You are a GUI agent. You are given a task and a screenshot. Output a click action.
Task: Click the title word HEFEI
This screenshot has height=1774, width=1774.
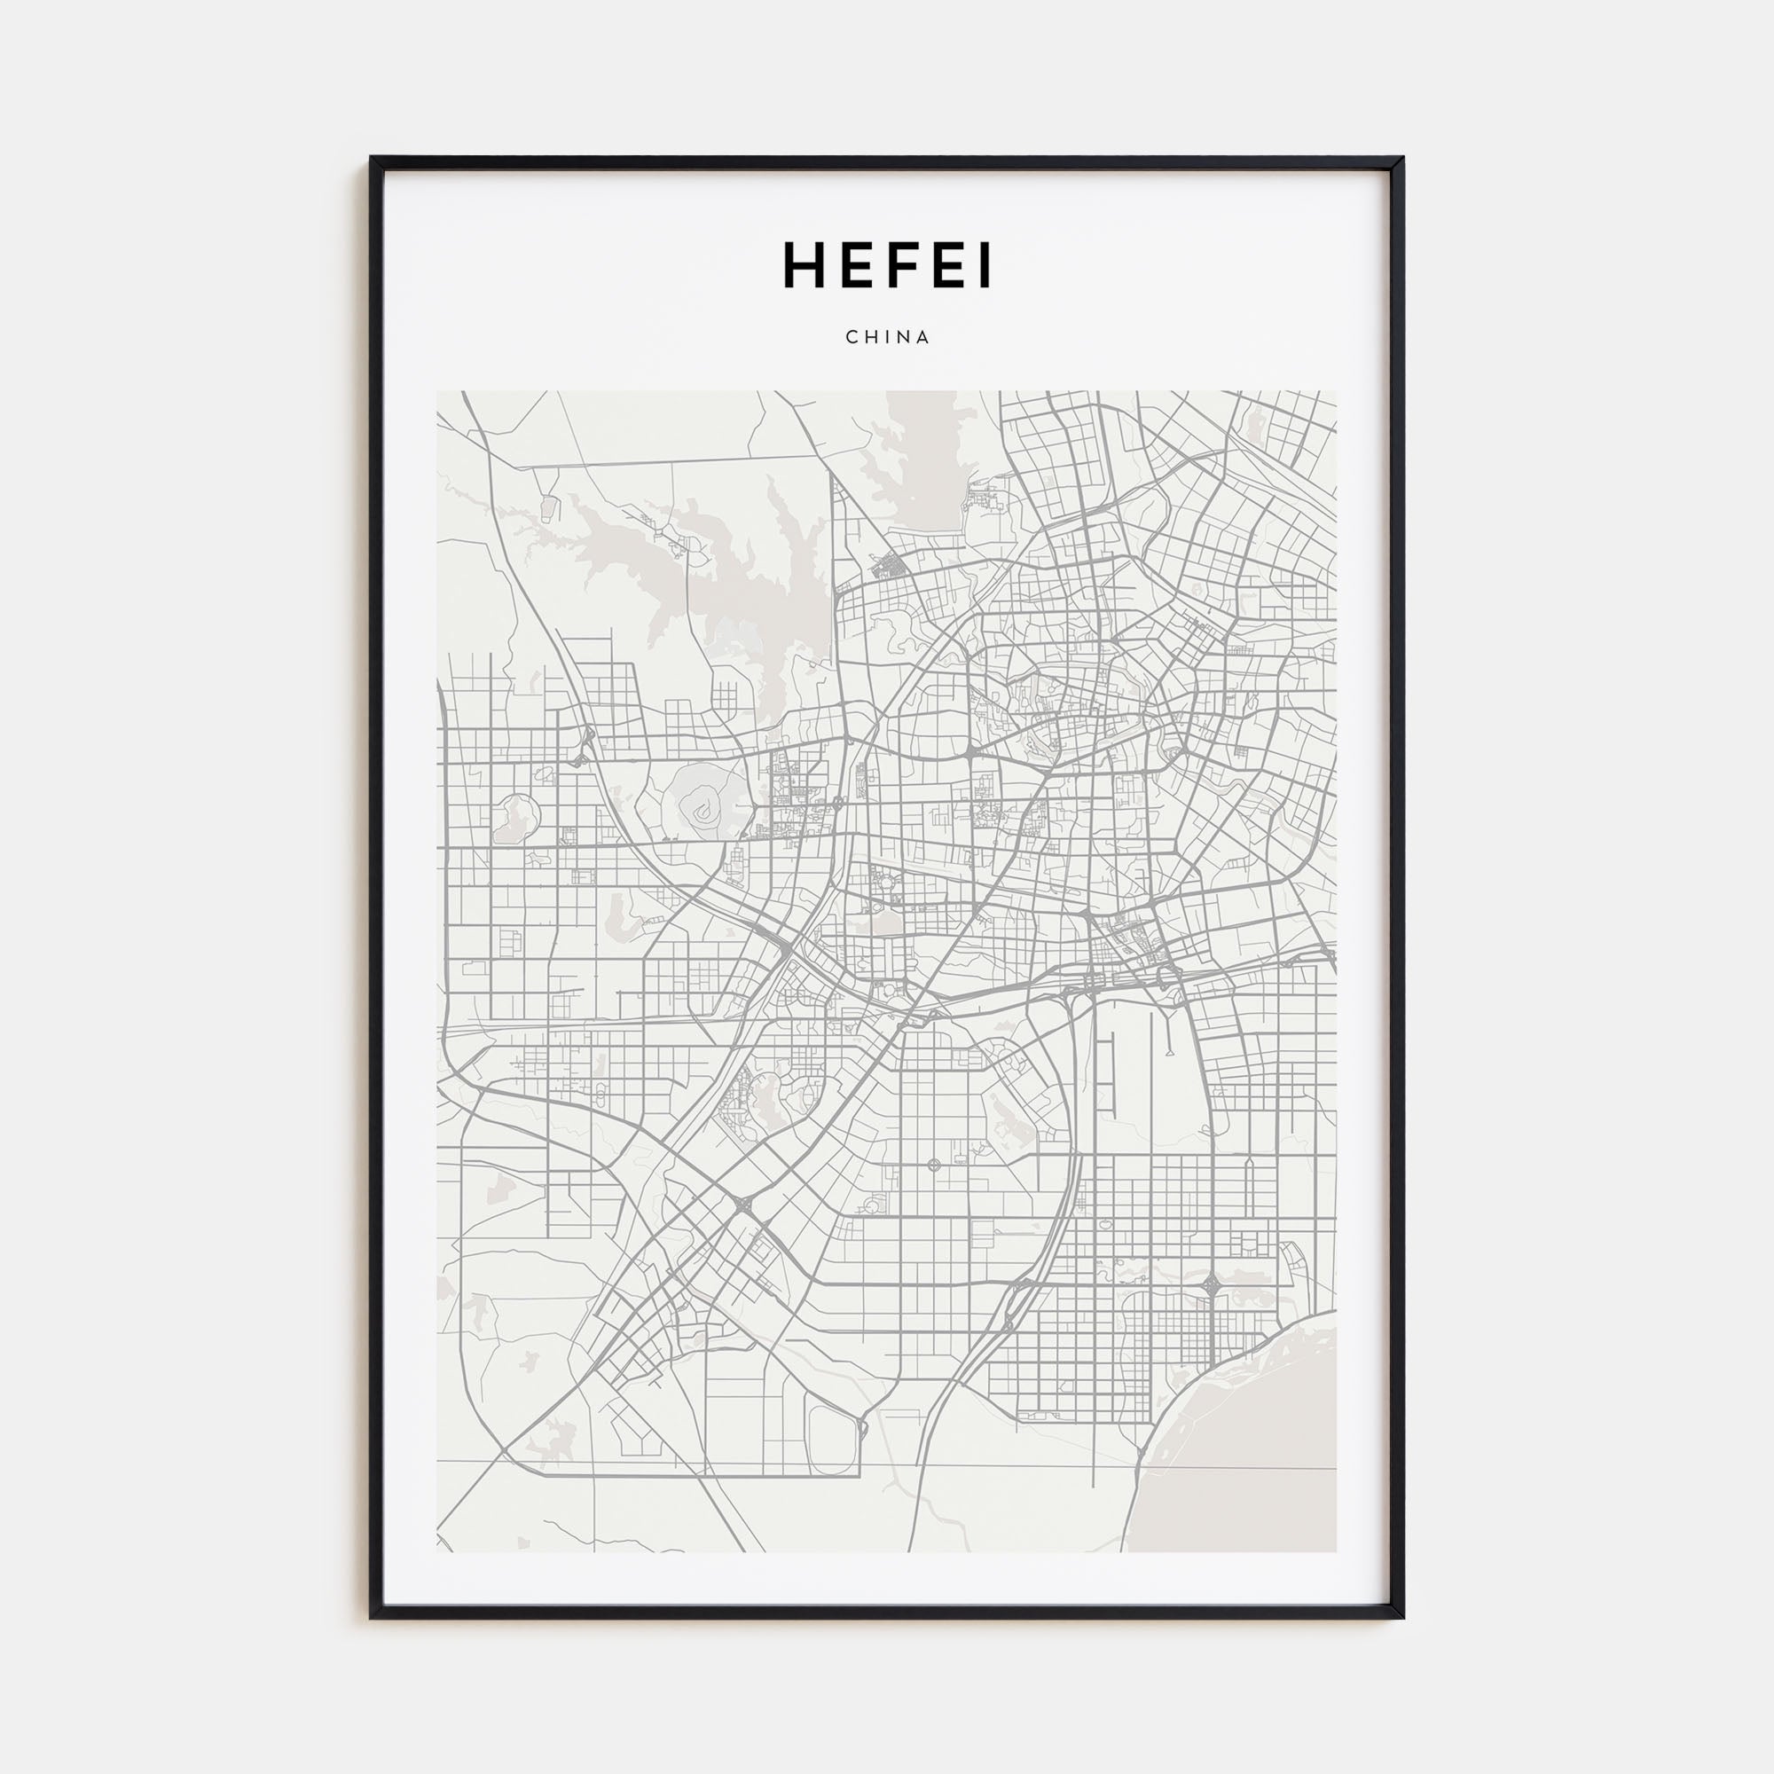pos(887,266)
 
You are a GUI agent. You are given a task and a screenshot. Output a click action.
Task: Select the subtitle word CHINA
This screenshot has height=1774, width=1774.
pos(887,337)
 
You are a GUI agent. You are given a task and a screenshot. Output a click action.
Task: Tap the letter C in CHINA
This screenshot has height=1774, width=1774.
pos(852,337)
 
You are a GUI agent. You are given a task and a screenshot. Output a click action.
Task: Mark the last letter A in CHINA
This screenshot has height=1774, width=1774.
pos(923,337)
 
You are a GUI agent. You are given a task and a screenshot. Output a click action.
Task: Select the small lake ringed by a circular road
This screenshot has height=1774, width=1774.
pos(516,816)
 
